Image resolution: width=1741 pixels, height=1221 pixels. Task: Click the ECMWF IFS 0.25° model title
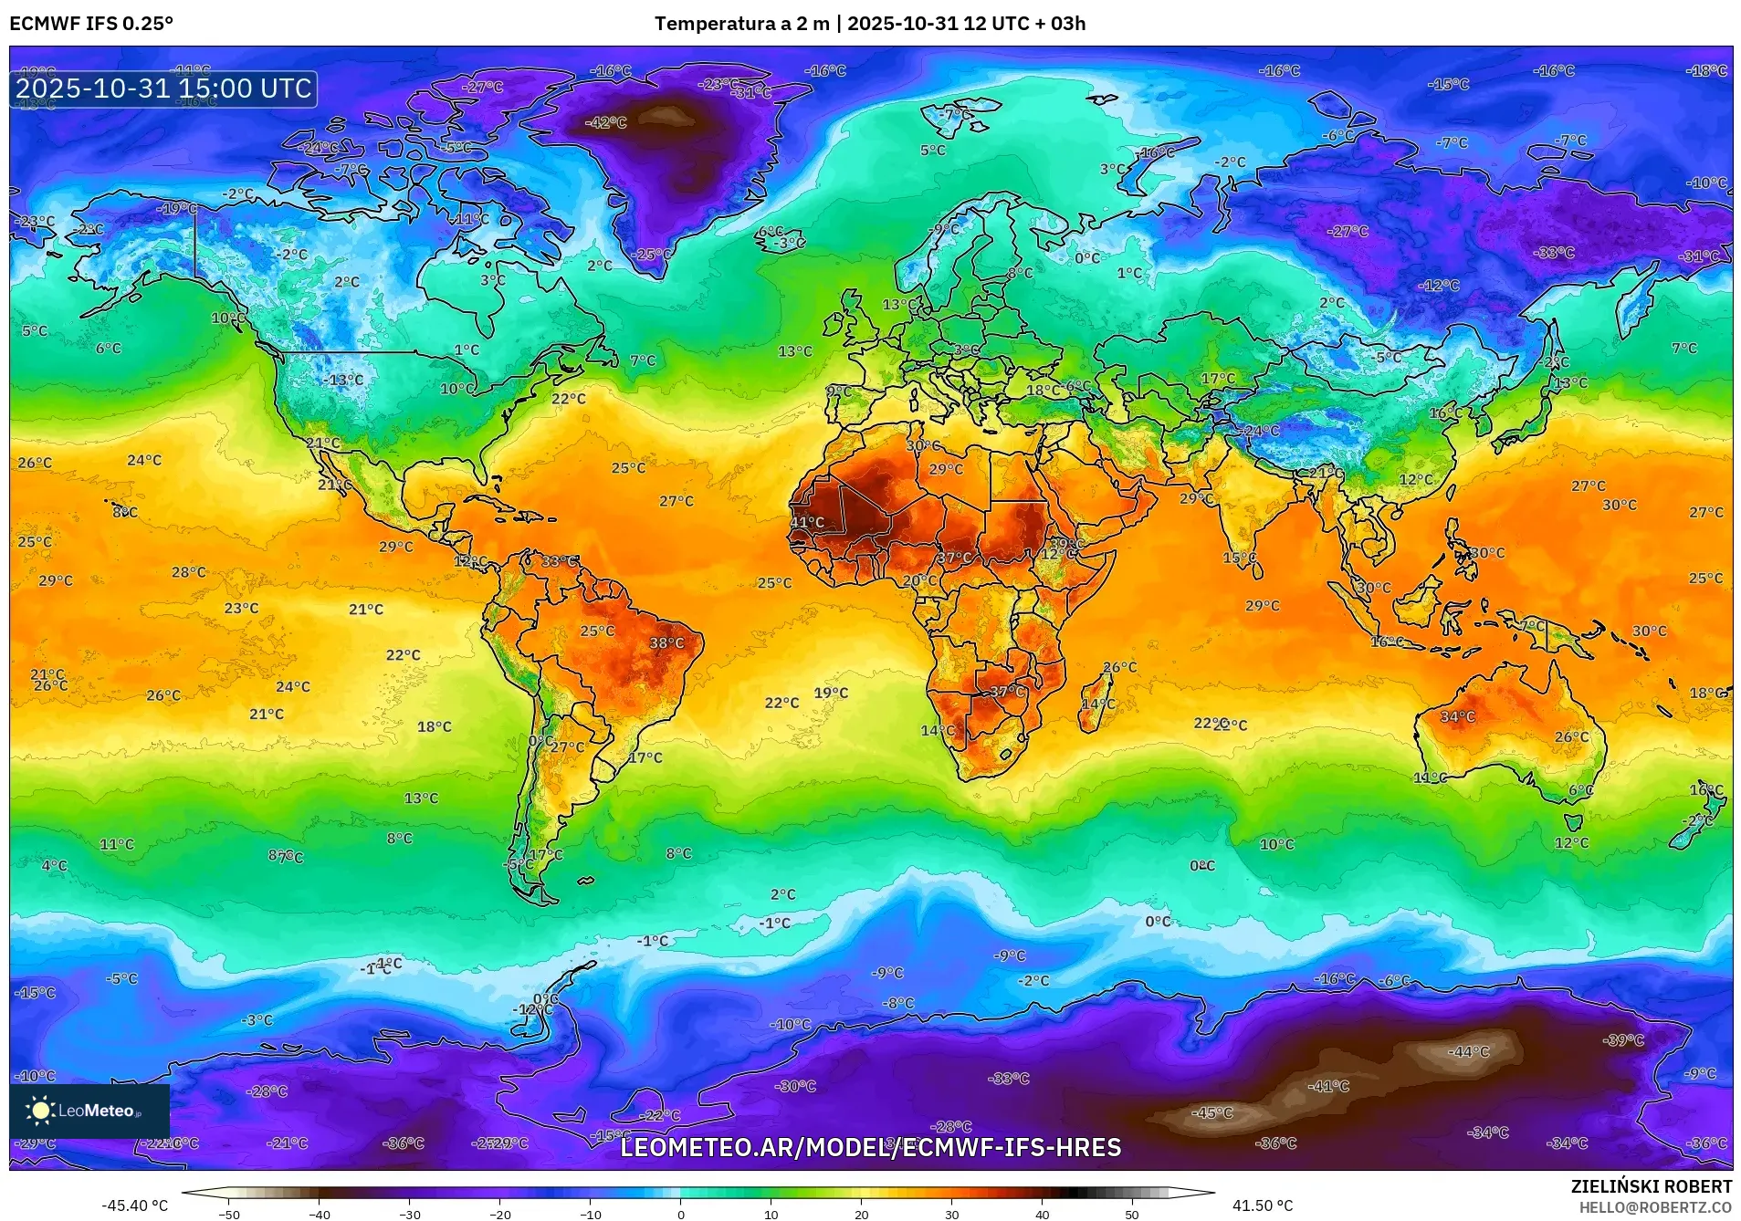pyautogui.click(x=91, y=24)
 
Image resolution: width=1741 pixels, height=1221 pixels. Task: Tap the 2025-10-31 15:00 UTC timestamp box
pyautogui.click(x=163, y=89)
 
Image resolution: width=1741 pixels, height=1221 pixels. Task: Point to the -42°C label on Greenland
pyautogui.click(x=606, y=122)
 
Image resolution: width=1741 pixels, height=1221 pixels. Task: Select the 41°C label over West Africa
pyautogui.click(x=807, y=523)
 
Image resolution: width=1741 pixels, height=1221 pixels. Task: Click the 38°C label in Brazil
pyautogui.click(x=666, y=643)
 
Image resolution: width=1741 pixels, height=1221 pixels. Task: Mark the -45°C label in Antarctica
pyautogui.click(x=1212, y=1113)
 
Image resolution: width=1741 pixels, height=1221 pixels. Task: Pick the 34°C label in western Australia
pyautogui.click(x=1457, y=717)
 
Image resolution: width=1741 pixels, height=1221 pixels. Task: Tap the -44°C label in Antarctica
pyautogui.click(x=1468, y=1052)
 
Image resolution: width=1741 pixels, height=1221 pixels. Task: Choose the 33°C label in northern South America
pyautogui.click(x=559, y=561)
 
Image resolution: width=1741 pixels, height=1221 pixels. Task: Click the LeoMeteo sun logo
pyautogui.click(x=41, y=1111)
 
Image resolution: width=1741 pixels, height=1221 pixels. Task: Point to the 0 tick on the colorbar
pyautogui.click(x=680, y=1214)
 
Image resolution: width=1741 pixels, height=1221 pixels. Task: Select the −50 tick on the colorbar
pyautogui.click(x=229, y=1214)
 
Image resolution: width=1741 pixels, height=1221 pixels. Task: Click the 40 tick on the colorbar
pyautogui.click(x=1042, y=1214)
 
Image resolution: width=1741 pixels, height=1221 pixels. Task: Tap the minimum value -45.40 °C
pyautogui.click(x=134, y=1205)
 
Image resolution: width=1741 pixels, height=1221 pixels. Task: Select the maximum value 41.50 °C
pyautogui.click(x=1263, y=1205)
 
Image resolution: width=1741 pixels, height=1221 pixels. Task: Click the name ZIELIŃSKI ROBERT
pyautogui.click(x=1651, y=1186)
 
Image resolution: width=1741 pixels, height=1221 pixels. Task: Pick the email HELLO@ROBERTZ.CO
pyautogui.click(x=1655, y=1207)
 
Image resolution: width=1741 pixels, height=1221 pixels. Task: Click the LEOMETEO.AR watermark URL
pyautogui.click(x=870, y=1147)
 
